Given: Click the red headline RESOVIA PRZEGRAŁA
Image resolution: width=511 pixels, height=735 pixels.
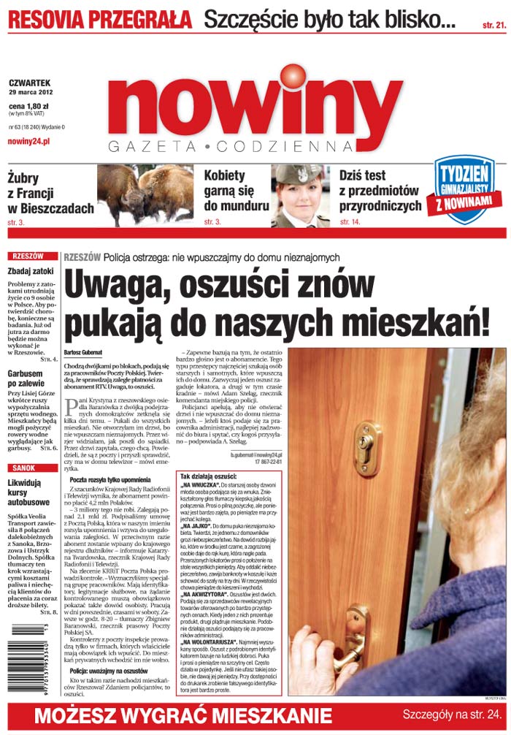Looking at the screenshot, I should tap(100, 19).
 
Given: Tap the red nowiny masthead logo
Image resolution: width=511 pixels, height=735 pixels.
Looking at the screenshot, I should tap(259, 106).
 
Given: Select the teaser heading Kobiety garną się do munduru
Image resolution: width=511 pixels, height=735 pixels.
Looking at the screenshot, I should tap(236, 191).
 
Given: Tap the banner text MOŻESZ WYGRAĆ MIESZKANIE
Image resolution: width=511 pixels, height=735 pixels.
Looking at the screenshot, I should tap(182, 715).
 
